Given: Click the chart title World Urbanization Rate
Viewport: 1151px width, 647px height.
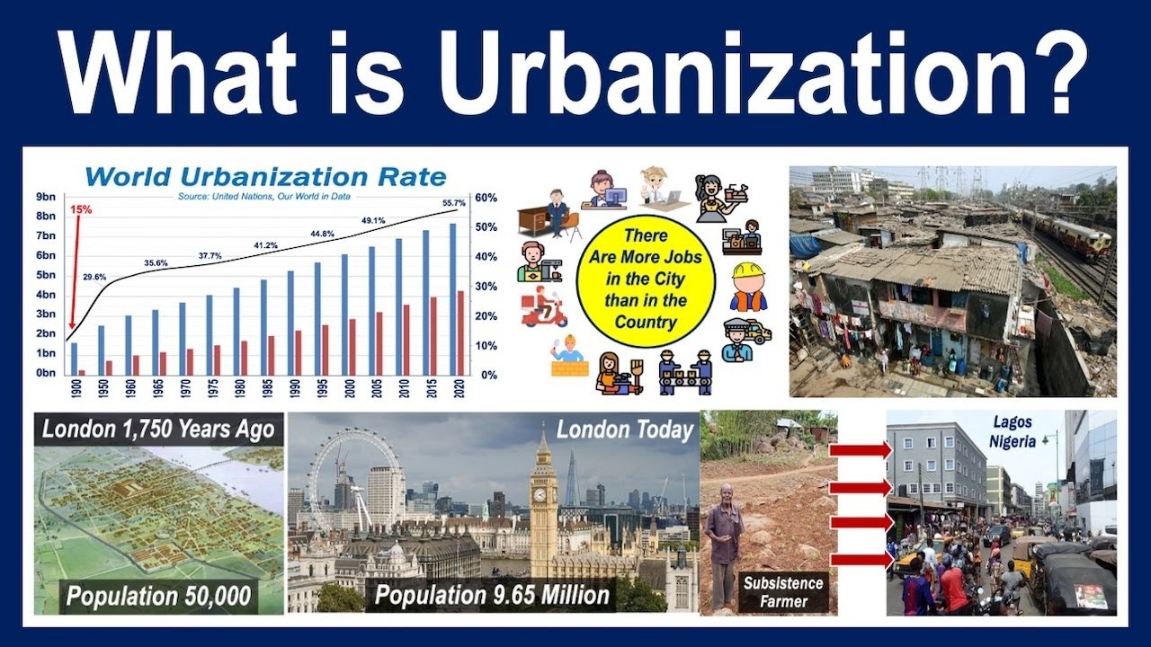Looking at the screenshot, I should click(265, 175).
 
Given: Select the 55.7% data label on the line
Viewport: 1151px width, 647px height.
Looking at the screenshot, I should click(453, 203).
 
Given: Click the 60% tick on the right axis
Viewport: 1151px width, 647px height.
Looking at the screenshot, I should click(486, 197).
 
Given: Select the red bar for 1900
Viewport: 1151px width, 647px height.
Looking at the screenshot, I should click(82, 371).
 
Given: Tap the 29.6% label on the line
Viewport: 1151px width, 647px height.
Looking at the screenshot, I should click(94, 277).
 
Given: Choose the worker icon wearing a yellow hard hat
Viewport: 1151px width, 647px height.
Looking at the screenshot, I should click(747, 286).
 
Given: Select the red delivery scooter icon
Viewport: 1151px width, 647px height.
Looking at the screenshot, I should click(543, 307).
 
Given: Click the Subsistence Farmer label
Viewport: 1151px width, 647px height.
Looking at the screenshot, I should click(783, 591).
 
